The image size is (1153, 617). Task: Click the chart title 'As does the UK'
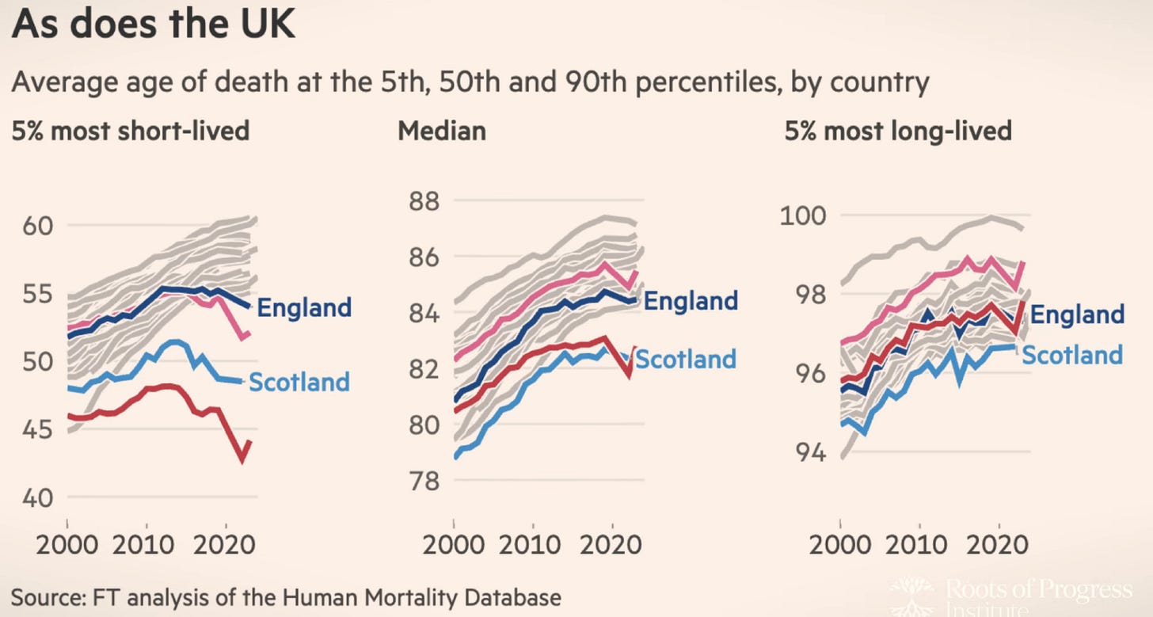point(154,26)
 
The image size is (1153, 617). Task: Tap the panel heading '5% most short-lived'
point(131,130)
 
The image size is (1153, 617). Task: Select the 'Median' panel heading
point(442,130)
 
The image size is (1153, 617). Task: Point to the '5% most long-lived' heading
point(898,130)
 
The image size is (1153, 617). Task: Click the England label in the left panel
point(305,307)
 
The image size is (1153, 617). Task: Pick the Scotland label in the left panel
point(299,382)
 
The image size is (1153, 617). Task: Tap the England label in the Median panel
point(691,301)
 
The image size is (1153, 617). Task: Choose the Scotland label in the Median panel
point(686,359)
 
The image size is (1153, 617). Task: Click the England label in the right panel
point(1078,314)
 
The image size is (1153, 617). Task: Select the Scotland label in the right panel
point(1072,354)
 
